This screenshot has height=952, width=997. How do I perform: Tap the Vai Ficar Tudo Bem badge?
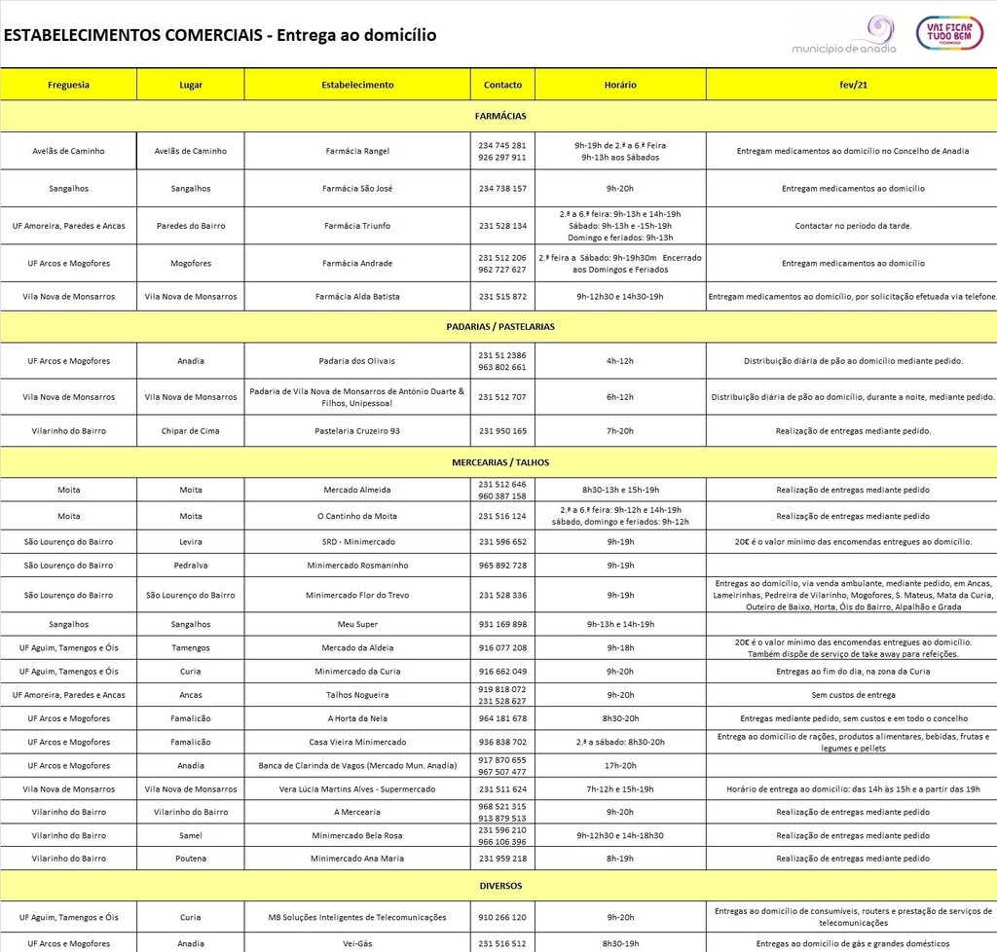click(x=949, y=33)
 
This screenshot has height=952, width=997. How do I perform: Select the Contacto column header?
click(x=502, y=85)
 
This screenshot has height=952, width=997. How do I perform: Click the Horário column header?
click(x=620, y=85)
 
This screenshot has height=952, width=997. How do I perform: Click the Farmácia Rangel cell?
click(x=357, y=151)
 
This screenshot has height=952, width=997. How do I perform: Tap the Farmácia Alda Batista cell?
click(x=357, y=296)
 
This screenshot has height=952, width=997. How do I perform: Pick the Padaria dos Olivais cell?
click(x=357, y=361)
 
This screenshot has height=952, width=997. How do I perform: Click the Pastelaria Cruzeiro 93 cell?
click(x=357, y=430)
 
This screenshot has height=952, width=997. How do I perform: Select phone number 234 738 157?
click(x=502, y=189)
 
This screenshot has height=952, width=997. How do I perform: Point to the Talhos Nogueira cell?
click(x=357, y=695)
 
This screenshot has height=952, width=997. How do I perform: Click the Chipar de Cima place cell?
click(x=191, y=430)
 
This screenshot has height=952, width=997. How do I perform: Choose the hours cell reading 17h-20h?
click(x=620, y=766)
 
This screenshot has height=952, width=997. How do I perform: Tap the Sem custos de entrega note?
click(x=852, y=695)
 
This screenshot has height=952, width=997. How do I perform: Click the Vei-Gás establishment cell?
click(x=357, y=943)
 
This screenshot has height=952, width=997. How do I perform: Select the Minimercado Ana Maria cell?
click(x=357, y=859)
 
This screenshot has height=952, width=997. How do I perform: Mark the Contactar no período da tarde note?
click(x=852, y=226)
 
